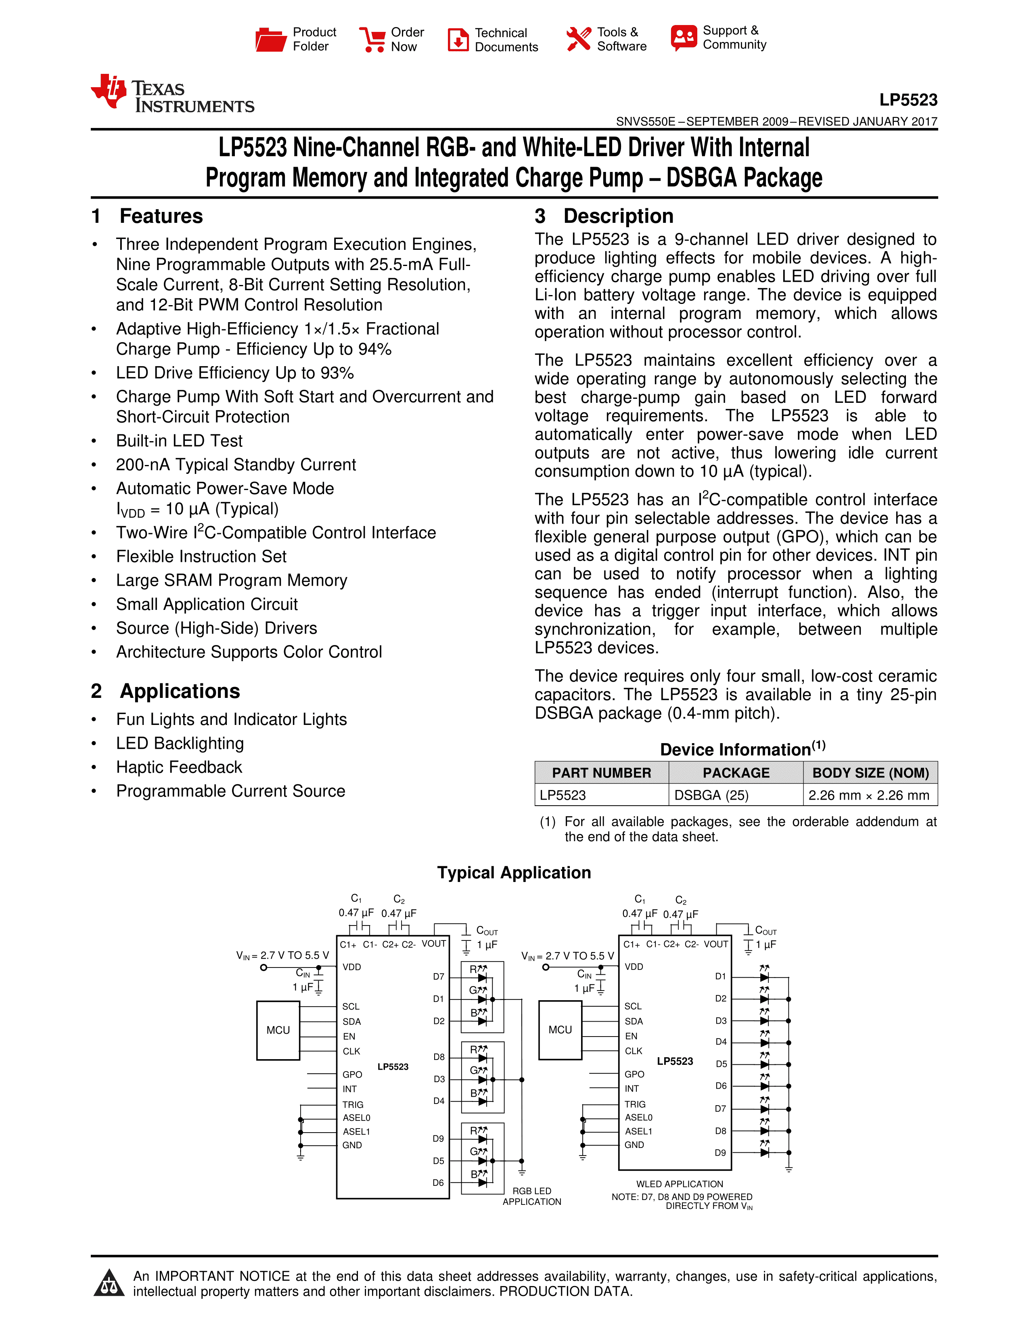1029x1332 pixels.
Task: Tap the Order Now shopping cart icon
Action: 372,40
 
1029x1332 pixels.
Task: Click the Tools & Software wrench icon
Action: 578,39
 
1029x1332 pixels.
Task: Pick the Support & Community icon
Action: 683,38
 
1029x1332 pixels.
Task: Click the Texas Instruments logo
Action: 173,94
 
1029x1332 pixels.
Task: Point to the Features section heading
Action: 161,216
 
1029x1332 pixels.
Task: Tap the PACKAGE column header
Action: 736,773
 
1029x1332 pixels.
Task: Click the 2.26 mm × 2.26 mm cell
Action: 869,795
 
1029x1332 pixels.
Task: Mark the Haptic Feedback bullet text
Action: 179,767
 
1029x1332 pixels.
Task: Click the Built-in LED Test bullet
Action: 179,441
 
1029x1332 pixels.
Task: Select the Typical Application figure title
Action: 514,873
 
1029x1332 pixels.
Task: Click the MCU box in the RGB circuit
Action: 278,1030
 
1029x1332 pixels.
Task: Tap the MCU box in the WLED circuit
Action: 560,1030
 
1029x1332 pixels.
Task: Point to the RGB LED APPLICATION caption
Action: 531,1196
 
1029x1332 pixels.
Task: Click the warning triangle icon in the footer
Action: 109,1283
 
